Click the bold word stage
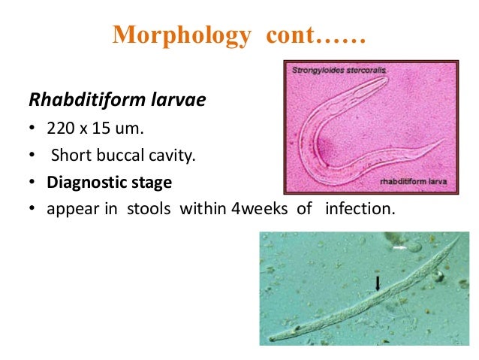coord(151,182)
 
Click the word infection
coord(358,207)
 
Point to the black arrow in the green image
coord(378,283)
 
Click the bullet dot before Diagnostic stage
coord(34,183)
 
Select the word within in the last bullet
coord(202,207)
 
